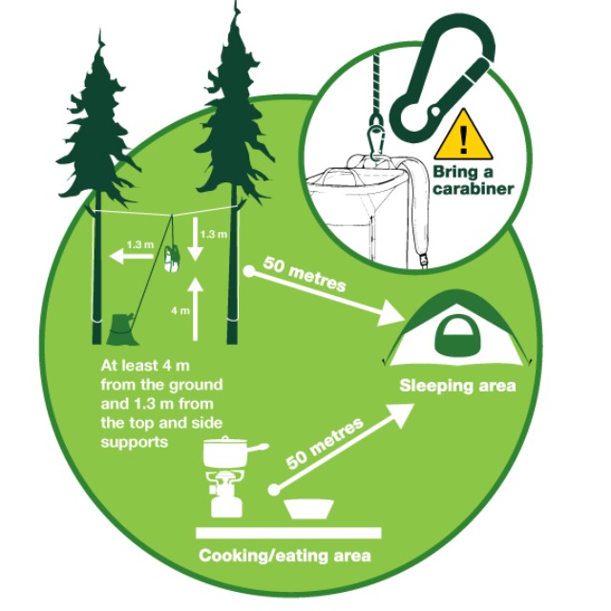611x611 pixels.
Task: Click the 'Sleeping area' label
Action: click(457, 386)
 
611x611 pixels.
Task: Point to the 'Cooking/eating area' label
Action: click(285, 556)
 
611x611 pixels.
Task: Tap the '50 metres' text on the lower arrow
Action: click(325, 442)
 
